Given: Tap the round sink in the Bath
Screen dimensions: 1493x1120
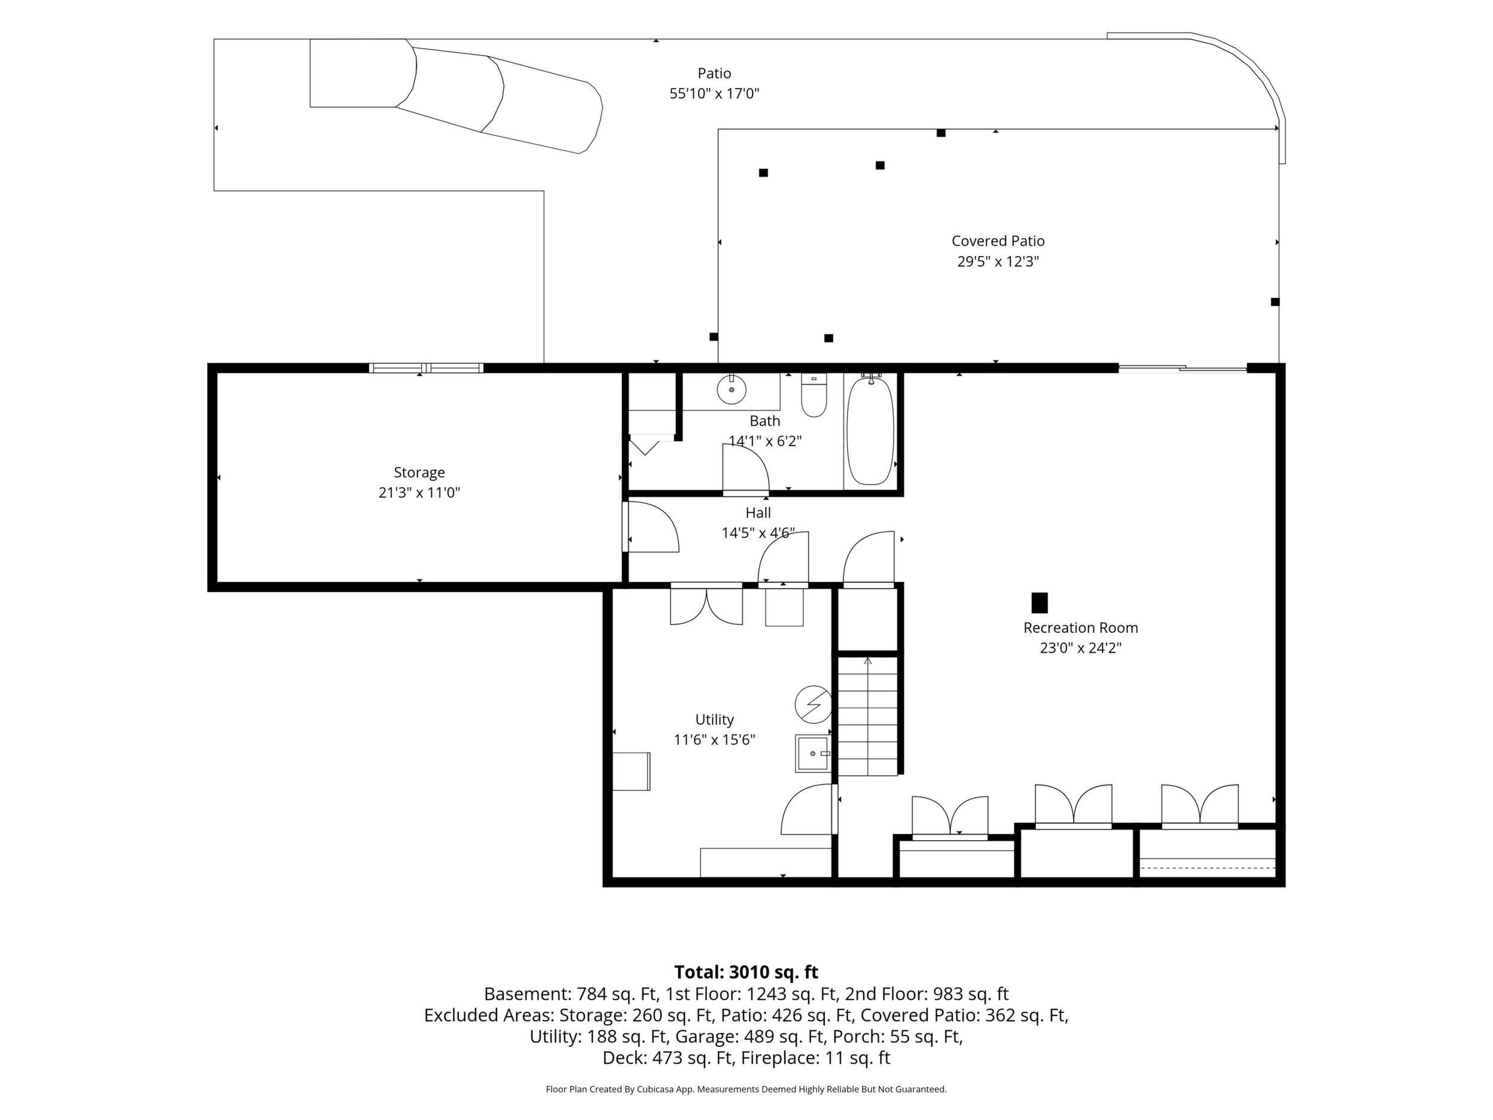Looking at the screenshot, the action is (x=732, y=390).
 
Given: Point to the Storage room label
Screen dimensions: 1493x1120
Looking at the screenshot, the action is (x=419, y=473).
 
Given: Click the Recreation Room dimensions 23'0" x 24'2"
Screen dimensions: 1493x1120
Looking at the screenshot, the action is (x=1081, y=648).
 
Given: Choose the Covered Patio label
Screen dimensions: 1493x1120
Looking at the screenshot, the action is (x=998, y=241).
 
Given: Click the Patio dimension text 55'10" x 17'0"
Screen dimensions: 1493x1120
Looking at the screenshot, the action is (x=714, y=93).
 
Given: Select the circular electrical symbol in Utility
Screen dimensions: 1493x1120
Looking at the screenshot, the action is (x=813, y=704).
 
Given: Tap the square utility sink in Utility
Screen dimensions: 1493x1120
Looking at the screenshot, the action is (x=813, y=753).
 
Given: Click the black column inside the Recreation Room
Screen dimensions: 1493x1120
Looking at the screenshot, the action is (x=1040, y=603).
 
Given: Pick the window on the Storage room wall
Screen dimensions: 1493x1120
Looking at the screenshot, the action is (x=426, y=368).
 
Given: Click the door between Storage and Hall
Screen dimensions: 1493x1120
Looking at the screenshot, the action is (x=650, y=527).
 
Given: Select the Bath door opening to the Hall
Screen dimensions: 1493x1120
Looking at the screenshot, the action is (x=746, y=470).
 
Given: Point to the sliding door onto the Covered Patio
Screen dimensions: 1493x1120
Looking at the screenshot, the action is (x=1183, y=368).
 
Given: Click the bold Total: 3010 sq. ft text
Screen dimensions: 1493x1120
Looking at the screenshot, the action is (x=746, y=972).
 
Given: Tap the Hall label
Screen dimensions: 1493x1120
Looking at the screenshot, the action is (x=758, y=513).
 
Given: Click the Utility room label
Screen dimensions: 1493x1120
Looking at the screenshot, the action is (x=714, y=720).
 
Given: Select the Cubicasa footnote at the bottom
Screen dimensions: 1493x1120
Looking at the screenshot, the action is (x=746, y=1089).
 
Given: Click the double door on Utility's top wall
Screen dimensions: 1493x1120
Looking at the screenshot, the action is (x=706, y=605).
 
